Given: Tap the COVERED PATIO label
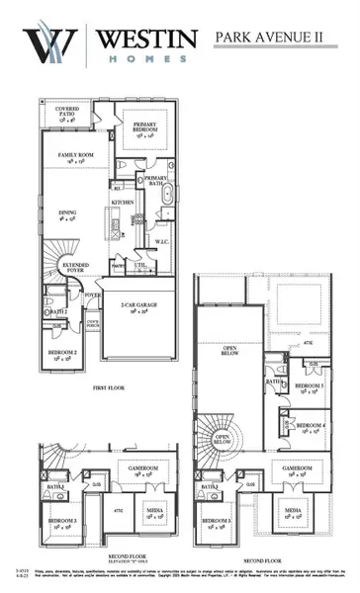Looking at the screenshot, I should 68,112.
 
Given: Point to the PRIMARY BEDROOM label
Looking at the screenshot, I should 152,125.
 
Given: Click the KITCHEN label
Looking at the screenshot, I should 123,201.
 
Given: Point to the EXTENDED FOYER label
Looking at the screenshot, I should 73,269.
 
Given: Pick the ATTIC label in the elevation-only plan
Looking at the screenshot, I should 118,510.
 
